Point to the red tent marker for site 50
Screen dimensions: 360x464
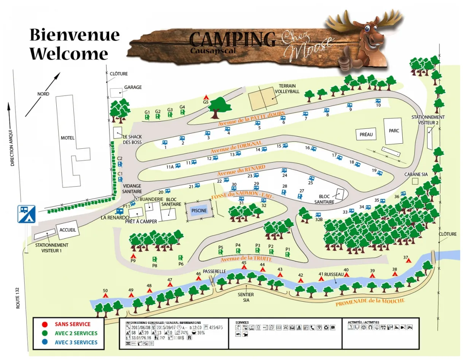[x=105, y=295]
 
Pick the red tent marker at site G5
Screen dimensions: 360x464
[x=206, y=97]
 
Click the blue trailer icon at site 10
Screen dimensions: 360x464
[x=378, y=101]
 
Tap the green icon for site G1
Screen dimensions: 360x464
[x=147, y=117]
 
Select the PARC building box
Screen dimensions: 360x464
[x=393, y=131]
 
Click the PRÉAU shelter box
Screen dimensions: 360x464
[x=366, y=135]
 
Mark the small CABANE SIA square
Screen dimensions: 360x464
[x=415, y=181]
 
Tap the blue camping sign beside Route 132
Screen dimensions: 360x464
[x=26, y=214]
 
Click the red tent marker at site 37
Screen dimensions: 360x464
[x=408, y=260]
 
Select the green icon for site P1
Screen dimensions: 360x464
[x=288, y=254]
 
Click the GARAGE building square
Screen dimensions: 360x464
[x=116, y=92]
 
